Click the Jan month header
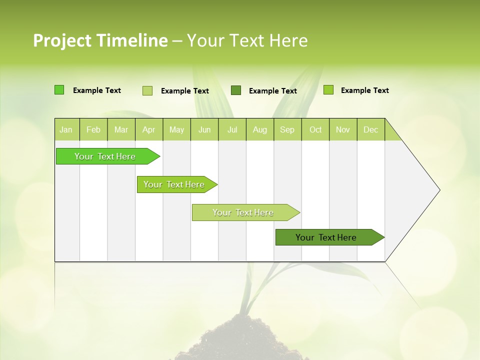point(66,129)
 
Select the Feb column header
point(93,129)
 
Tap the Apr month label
point(148,129)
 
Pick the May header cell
point(176,129)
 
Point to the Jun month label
point(204,129)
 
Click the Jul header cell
point(232,129)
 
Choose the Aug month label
point(260,129)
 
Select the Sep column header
point(287,129)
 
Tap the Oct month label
point(315,129)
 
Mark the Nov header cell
point(343,129)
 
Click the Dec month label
point(370,129)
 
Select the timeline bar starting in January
point(105,156)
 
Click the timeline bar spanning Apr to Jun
point(174,184)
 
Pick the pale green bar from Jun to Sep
point(243,212)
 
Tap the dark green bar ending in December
point(326,237)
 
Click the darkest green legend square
point(236,90)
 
